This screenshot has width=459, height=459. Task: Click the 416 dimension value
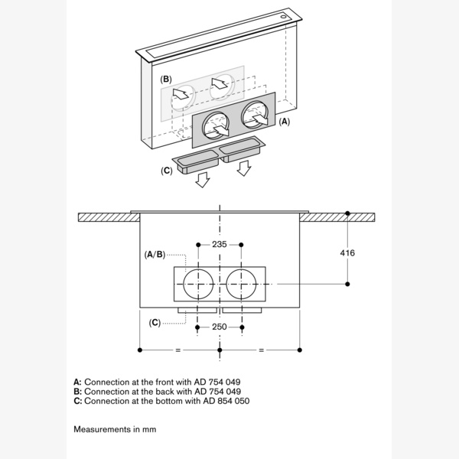pos(347,252)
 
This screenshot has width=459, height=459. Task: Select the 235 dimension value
pos(220,245)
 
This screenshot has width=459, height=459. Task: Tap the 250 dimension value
pos(220,327)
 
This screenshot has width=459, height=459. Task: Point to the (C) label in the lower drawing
pos(155,322)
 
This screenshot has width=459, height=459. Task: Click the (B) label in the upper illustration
pos(166,80)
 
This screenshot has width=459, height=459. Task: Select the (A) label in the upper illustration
pos(285,121)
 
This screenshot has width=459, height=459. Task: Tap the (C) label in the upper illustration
pos(167,171)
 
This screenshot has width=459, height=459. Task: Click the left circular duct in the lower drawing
pos(198,284)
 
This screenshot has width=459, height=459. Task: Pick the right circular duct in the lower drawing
pos(242,284)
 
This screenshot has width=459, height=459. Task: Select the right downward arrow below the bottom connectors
pos(244,168)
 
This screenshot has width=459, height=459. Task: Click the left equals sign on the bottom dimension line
pos(179,350)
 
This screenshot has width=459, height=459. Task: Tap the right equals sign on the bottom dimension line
pos(260,350)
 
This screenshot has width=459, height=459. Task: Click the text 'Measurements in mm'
pos(115,429)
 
